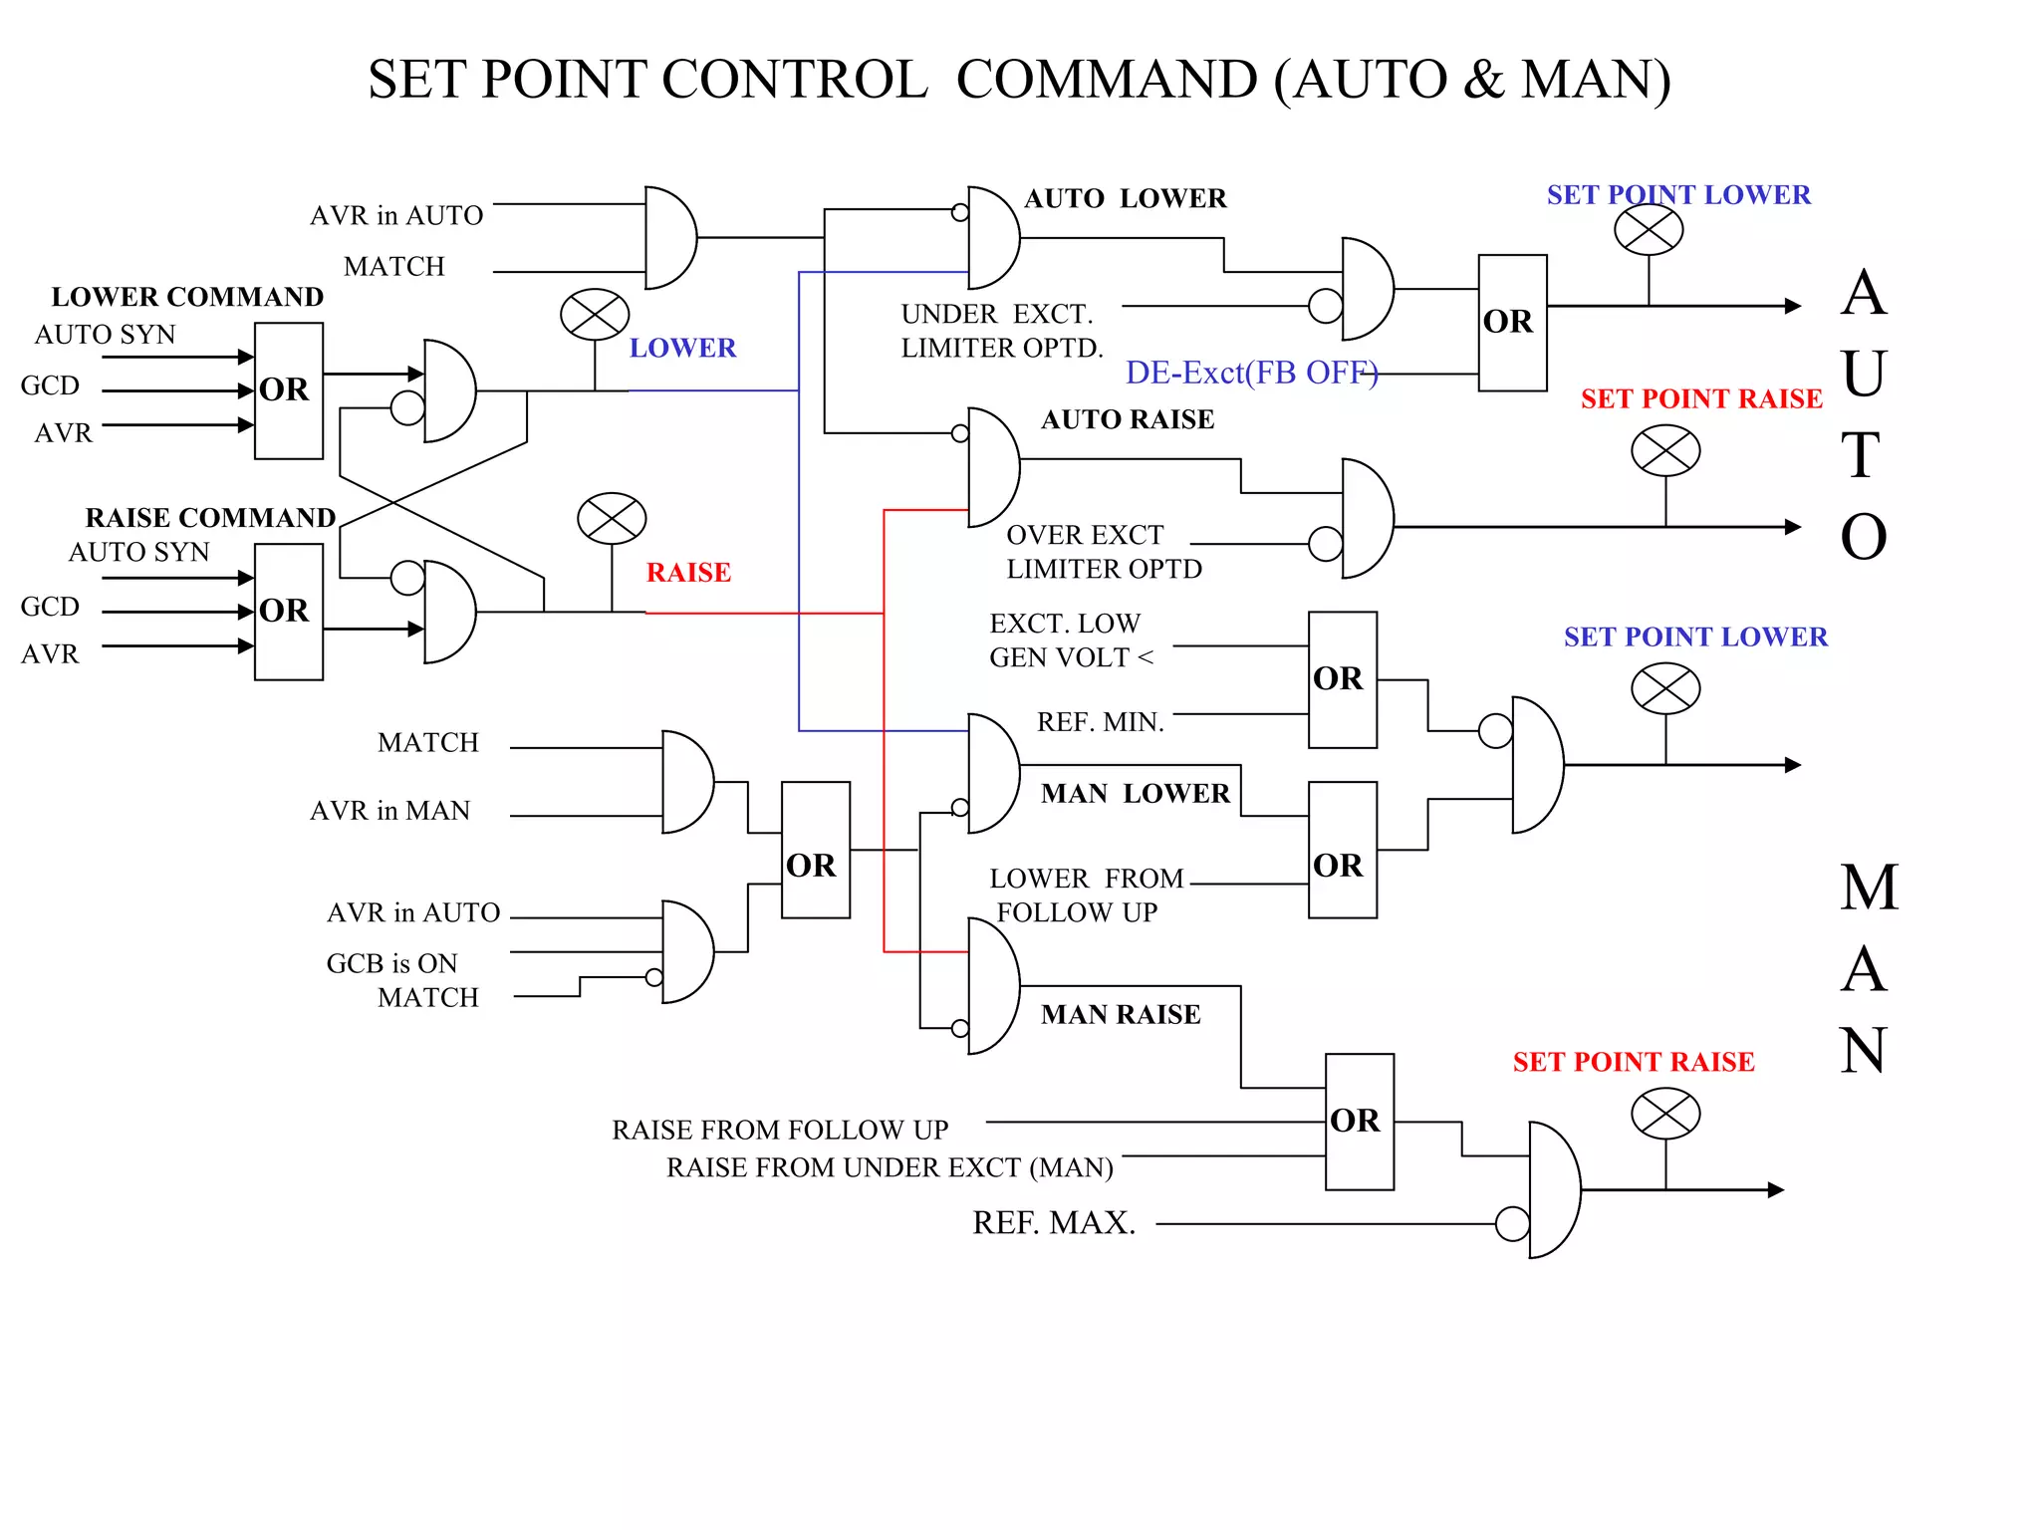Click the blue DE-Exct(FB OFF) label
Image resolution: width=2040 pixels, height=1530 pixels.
(x=1251, y=373)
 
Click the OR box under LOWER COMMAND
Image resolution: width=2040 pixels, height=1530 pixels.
(x=288, y=390)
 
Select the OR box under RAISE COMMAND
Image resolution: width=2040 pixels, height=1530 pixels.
(x=288, y=612)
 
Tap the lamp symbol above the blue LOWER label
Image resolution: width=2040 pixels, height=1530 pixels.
(x=595, y=316)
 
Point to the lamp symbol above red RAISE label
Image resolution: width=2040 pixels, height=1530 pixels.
(x=612, y=519)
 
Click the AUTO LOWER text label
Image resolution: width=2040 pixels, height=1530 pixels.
(x=1126, y=198)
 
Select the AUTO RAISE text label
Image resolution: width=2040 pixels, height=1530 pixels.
(x=1128, y=419)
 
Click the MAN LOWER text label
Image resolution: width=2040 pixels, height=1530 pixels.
(x=1135, y=794)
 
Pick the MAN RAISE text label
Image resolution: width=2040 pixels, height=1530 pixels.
(x=1121, y=1015)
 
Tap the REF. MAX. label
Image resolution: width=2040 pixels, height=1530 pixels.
(x=1054, y=1223)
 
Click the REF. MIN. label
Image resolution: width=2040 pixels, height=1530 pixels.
(x=1100, y=722)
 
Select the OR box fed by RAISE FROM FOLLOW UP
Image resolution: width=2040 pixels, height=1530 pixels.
(x=1359, y=1122)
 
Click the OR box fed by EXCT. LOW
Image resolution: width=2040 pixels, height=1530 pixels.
(x=1342, y=679)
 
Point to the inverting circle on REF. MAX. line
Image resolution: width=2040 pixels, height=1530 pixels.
(x=1512, y=1223)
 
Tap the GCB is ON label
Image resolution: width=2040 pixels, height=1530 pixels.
(x=391, y=963)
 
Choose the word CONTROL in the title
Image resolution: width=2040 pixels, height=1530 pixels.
(x=794, y=80)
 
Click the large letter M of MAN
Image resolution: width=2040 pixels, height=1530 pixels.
(x=1869, y=888)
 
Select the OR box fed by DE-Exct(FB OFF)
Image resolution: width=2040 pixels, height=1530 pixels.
(x=1512, y=323)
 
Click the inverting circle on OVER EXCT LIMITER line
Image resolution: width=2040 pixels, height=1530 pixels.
(x=1325, y=544)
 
